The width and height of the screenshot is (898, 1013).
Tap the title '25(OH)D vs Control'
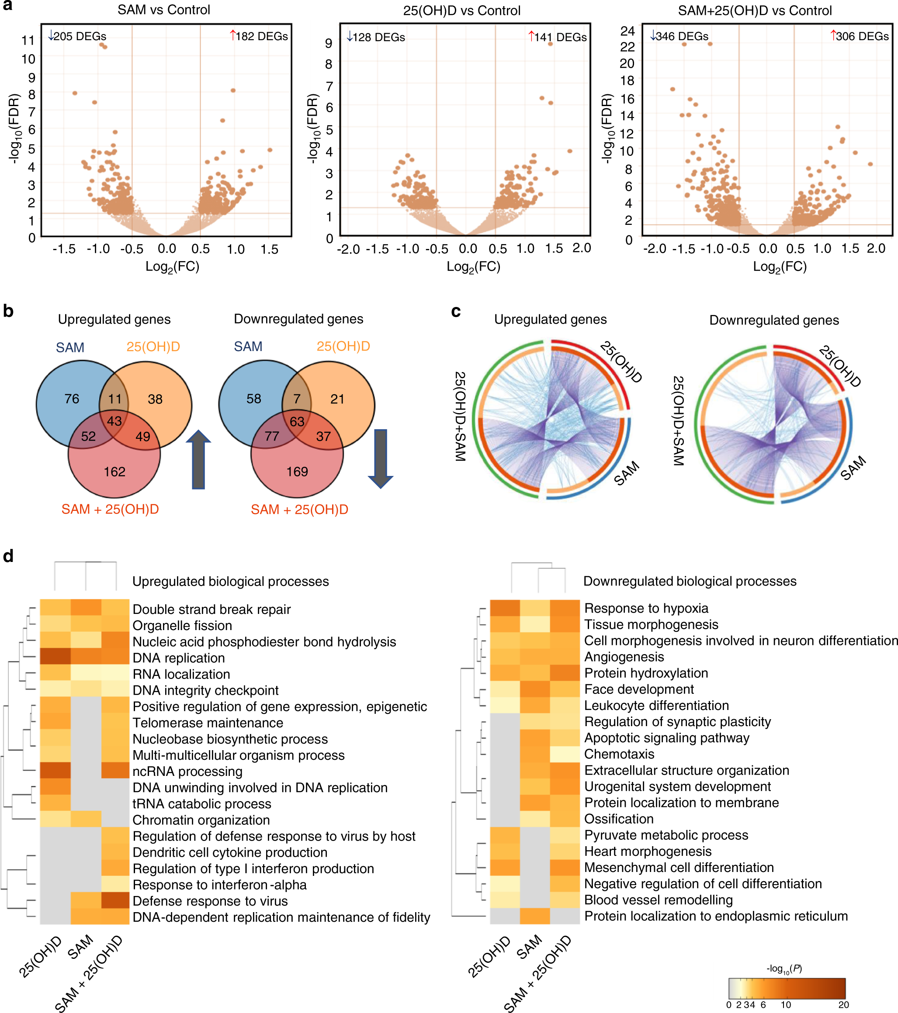461,10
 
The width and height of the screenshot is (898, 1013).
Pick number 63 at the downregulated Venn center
297,421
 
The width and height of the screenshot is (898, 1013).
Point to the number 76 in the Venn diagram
72,399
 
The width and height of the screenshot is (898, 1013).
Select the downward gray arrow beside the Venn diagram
380,459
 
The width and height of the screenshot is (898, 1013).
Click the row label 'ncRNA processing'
187,771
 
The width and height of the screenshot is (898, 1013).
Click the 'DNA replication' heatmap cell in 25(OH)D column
55,658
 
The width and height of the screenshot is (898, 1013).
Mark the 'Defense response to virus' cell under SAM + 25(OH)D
117,900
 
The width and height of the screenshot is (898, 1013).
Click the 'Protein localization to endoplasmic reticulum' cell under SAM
534,916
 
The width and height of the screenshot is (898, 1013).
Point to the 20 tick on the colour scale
843,1005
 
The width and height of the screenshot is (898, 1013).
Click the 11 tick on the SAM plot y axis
28,40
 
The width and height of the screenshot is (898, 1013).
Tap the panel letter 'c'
456,311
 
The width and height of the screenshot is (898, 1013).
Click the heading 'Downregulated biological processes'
690,581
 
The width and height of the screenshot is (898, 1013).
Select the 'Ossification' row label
619,819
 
